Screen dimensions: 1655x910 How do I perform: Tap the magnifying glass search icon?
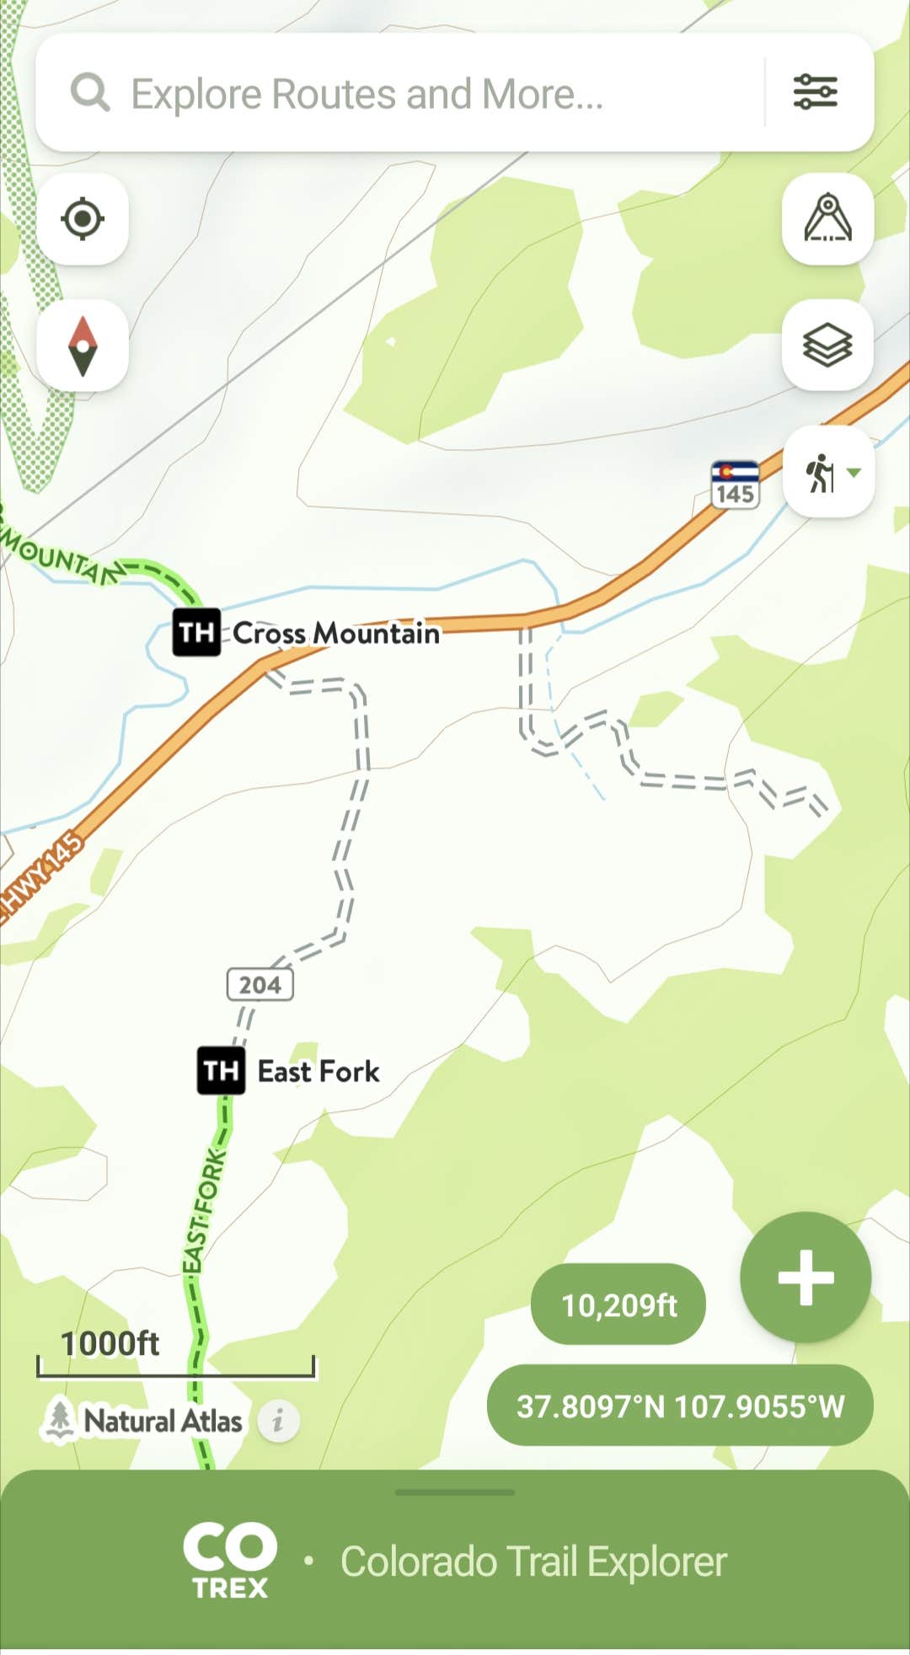[90, 92]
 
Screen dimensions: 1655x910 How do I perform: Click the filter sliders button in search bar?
[815, 92]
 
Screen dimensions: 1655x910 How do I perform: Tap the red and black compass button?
[83, 345]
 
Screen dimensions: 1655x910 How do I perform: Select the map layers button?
[827, 345]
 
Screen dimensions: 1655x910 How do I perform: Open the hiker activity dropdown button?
[828, 472]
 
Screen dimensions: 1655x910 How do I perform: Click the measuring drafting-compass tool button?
[827, 219]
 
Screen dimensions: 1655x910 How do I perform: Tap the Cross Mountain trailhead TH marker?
[196, 632]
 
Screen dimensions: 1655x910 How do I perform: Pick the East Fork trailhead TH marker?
[221, 1071]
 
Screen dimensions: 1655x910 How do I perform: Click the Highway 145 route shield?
[735, 485]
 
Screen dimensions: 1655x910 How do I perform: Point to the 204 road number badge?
[260, 984]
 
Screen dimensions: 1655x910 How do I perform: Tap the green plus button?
[806, 1277]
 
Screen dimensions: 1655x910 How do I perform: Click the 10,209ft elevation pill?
[618, 1304]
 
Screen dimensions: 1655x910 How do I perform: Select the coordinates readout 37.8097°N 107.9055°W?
[680, 1406]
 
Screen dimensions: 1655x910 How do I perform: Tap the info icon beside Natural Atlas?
[278, 1422]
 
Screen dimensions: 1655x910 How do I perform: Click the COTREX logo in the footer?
[230, 1561]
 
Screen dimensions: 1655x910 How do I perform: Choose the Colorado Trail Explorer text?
[533, 1561]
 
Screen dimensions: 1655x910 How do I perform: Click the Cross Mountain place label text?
[336, 633]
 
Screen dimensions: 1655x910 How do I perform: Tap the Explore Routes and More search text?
[367, 94]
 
